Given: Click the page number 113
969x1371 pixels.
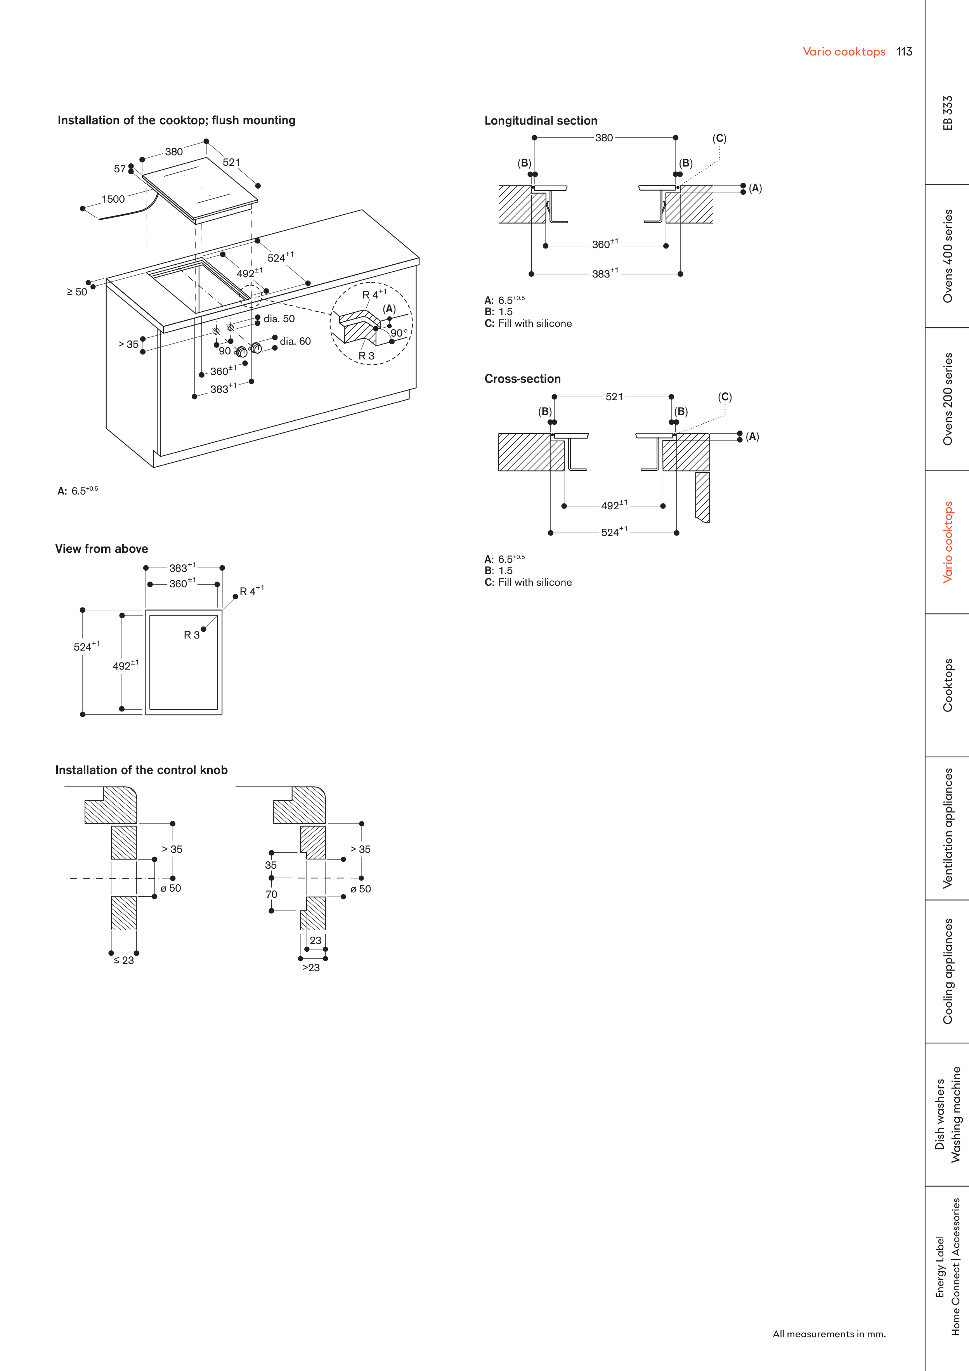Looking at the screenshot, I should tap(904, 52).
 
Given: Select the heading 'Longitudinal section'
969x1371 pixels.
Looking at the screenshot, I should tap(540, 121).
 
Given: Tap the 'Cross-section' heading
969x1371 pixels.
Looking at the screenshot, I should tap(522, 378).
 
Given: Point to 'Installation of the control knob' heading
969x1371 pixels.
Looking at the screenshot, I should tap(142, 770).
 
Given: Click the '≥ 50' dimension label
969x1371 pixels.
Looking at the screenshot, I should tap(76, 292).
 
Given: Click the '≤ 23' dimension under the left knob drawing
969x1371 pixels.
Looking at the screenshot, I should tap(123, 960).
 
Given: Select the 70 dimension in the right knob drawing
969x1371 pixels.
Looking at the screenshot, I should tap(272, 894).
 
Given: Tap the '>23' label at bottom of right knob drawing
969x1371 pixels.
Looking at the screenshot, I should tap(310, 967).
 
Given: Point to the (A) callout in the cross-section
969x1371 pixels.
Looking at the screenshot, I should tap(752, 437).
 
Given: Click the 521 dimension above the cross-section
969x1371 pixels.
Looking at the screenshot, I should tap(614, 396).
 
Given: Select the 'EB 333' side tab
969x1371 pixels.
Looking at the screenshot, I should tap(948, 113).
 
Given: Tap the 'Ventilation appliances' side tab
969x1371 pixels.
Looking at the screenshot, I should tap(948, 828).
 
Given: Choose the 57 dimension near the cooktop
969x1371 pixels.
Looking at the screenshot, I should tap(120, 169).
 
